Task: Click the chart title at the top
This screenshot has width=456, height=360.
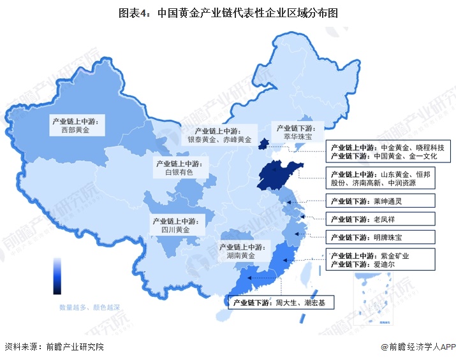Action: click(228, 13)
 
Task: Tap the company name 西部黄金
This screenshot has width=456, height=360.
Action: click(78, 129)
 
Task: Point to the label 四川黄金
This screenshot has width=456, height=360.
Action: click(174, 230)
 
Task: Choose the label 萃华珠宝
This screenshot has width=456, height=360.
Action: click(297, 136)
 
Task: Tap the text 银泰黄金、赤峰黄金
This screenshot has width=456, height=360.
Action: click(219, 140)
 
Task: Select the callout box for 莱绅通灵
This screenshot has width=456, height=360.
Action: click(380, 201)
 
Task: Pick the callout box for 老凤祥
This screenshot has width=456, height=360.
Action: click(380, 219)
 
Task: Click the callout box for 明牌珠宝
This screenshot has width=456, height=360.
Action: click(380, 237)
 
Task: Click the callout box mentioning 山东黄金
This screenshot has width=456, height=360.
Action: click(380, 178)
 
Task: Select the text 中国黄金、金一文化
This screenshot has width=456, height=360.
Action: click(408, 156)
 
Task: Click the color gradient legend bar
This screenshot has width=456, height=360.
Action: click(57, 276)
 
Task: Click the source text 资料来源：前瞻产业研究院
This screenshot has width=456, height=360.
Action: click(54, 347)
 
